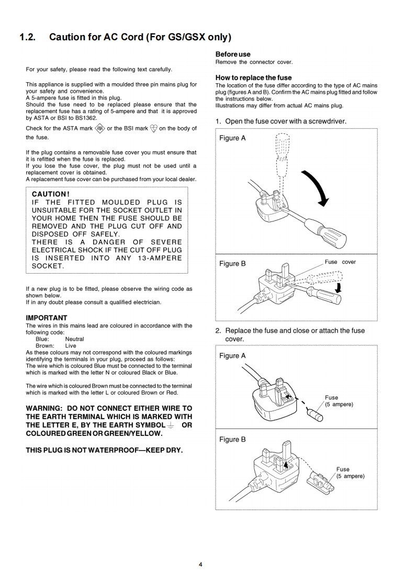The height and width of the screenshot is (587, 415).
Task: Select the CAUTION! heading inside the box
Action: (51, 194)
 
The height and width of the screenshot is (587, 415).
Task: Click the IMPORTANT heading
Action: (47, 318)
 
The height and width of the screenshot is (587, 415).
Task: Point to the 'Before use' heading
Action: (233, 54)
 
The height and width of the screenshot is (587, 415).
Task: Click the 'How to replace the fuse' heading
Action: (254, 77)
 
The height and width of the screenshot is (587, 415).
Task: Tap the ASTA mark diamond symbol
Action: (100, 129)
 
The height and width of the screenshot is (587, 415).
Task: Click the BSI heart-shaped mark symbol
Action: (153, 129)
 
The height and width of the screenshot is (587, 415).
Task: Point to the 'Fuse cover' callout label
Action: (340, 262)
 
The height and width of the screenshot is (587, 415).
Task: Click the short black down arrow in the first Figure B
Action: (338, 288)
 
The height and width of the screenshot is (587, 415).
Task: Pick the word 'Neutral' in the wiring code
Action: (74, 339)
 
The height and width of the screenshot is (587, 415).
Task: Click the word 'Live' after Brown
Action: (71, 346)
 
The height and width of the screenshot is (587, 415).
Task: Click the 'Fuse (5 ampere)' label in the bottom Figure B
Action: (350, 472)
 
